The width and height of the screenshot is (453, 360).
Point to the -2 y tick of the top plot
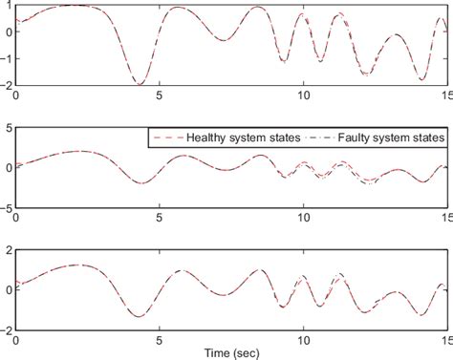pyautogui.click(x=6, y=85)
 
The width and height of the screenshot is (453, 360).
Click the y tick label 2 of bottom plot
pyautogui.click(x=9, y=249)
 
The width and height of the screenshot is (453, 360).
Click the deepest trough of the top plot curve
pyautogui.click(x=140, y=83)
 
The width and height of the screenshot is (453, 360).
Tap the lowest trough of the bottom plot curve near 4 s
pyautogui.click(x=139, y=316)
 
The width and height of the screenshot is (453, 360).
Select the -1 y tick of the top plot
pyautogui.click(x=6, y=58)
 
